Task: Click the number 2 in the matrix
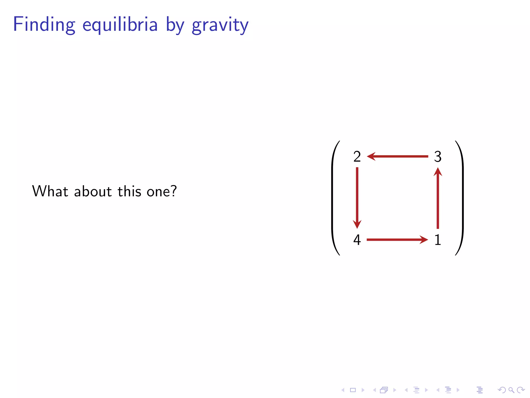357,157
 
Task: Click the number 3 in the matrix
438,157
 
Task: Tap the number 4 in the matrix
357,240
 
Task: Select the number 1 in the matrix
438,240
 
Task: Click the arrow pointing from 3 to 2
397,156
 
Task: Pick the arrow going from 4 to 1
397,240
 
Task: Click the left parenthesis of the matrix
334,198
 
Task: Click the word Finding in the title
44,25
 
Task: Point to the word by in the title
175,25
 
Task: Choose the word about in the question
93,191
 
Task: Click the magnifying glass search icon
511,390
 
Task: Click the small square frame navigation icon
353,390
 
